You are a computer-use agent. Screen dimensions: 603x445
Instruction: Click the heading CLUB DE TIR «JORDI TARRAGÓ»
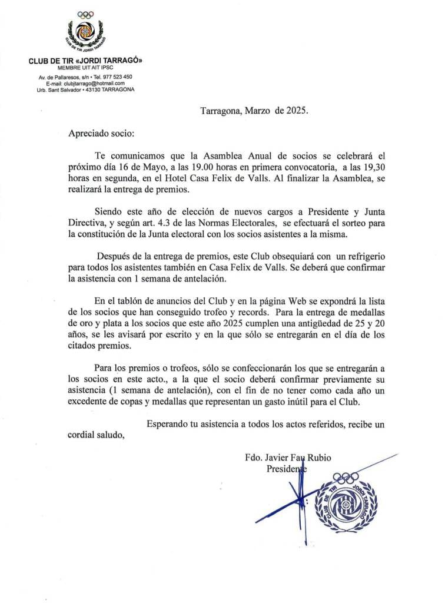tap(85, 61)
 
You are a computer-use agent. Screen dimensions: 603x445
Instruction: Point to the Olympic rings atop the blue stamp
tap(346, 477)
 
